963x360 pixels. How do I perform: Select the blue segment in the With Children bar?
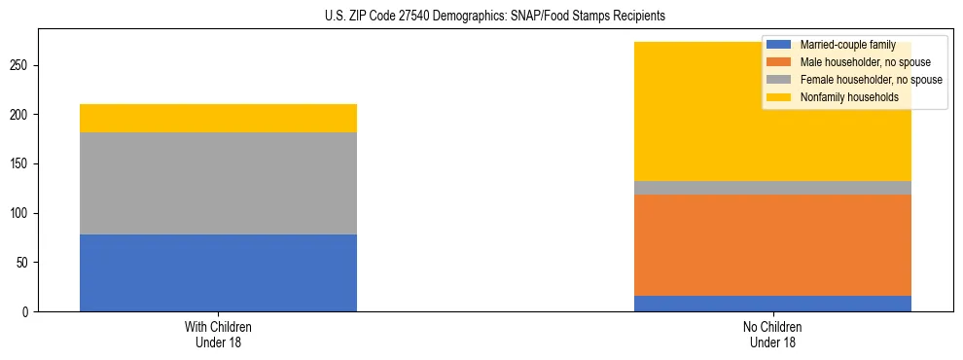[218, 272]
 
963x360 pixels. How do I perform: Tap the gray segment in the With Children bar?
[218, 183]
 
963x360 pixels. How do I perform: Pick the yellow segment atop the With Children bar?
[218, 118]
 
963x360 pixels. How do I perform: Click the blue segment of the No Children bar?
[772, 304]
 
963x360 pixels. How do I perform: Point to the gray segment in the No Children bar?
[772, 188]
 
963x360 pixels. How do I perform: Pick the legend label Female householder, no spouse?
[871, 80]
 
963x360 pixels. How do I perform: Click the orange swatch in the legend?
[779, 62]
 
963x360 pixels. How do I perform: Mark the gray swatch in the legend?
[779, 80]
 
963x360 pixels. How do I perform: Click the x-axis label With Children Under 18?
[218, 334]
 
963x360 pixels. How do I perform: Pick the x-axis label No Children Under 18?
[772, 334]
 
